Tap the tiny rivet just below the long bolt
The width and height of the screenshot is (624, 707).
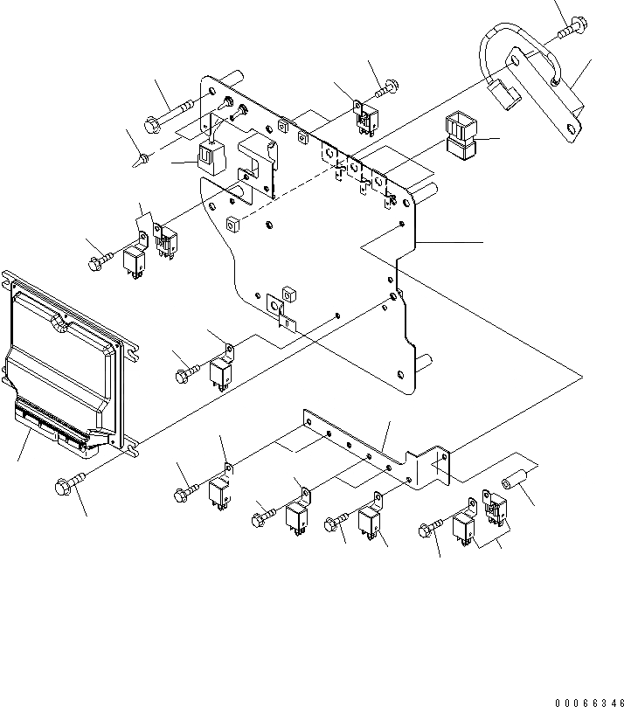coord(143,158)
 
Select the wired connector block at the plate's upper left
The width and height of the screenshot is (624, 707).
coord(211,156)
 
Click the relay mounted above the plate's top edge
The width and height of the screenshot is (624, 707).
coord(364,115)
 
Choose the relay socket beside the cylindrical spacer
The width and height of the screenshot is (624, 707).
coord(495,509)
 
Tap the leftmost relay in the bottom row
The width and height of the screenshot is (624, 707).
coord(219,492)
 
